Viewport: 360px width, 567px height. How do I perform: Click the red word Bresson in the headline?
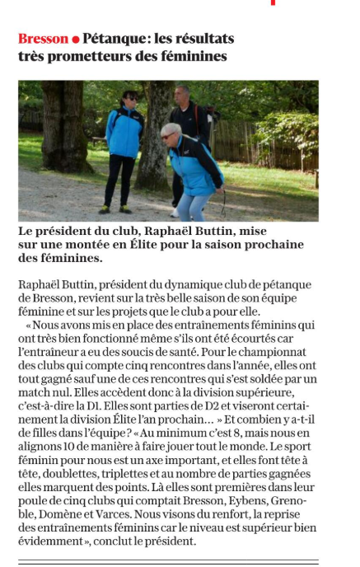43,39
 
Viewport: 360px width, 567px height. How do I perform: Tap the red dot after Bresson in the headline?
76,40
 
